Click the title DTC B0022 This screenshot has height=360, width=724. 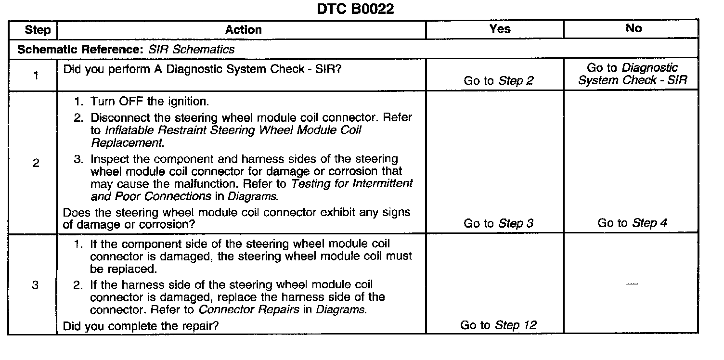pos(355,9)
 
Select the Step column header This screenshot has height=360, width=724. pos(37,30)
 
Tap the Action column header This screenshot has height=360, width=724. pos(244,30)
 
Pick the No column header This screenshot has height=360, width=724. pos(633,28)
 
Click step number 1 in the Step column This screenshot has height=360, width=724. pos(36,75)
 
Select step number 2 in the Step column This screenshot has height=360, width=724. pos(36,163)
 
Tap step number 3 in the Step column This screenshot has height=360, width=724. pos(35,285)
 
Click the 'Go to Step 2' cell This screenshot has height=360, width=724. pos(499,81)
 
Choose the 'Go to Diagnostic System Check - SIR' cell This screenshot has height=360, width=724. pos(632,75)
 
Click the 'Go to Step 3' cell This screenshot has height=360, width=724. pos(499,223)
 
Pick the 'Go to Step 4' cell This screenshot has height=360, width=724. pos(632,223)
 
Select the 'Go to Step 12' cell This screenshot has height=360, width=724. pos(498,325)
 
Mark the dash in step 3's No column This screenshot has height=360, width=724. pos(632,285)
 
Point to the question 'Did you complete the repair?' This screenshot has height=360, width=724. pos(141,326)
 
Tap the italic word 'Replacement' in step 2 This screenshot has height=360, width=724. pos(127,143)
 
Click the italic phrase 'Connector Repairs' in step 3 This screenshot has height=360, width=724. pos(249,309)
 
